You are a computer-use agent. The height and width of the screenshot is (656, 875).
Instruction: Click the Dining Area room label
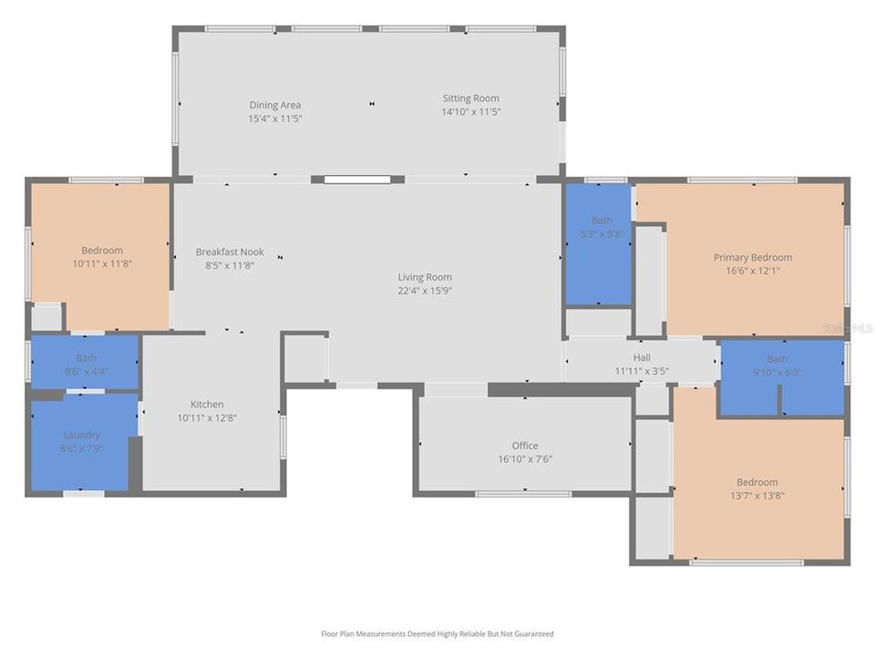pos(275,105)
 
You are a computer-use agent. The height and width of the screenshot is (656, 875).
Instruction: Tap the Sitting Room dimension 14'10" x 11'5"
pos(471,111)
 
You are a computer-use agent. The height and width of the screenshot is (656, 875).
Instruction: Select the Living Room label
pos(425,277)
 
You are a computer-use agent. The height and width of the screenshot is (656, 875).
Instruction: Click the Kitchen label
pos(207,405)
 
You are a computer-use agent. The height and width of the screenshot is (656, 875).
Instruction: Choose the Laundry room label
pos(82,436)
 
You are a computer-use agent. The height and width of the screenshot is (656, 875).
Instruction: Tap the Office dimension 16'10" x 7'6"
pos(525,459)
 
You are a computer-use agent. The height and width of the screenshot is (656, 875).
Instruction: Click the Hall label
pos(642,358)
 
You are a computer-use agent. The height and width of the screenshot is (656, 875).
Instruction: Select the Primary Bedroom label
pos(753,258)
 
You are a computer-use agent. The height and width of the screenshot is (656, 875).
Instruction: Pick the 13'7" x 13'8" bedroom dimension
pos(757,496)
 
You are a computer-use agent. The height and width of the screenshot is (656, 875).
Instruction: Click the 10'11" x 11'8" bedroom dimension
pos(101,264)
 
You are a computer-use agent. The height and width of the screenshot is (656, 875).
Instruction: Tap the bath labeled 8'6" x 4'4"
pos(86,364)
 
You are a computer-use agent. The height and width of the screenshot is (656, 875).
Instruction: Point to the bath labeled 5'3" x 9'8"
pos(602,227)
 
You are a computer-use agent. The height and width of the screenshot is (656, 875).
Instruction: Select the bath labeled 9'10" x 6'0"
pos(777,365)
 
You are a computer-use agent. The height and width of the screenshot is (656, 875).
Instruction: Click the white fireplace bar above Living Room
pos(357,179)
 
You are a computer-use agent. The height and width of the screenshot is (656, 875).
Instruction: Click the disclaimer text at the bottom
pos(437,634)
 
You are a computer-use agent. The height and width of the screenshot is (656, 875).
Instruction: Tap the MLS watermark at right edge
pos(848,327)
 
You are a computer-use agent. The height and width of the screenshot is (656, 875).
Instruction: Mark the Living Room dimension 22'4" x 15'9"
pos(425,291)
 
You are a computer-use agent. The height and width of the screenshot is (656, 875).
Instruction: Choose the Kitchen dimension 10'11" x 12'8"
pos(207,418)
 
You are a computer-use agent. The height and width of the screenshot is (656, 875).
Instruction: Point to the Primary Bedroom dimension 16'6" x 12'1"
pos(753,271)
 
